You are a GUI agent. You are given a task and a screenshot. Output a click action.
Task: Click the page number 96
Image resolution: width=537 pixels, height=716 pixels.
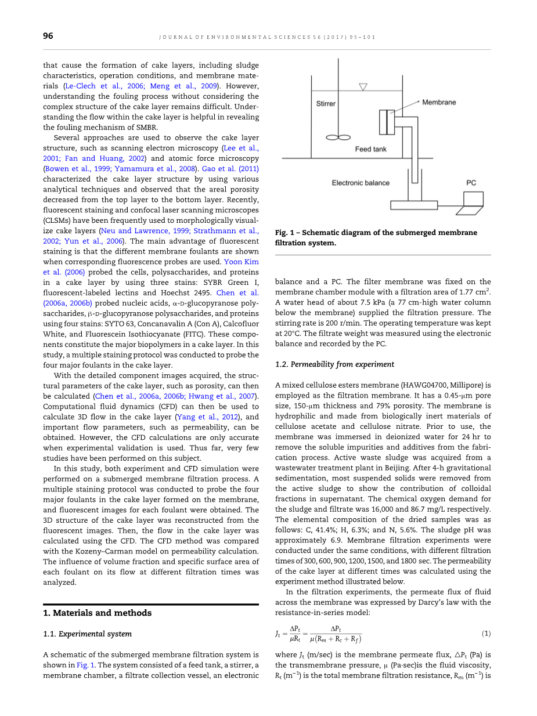pyautogui.click(x=48, y=36)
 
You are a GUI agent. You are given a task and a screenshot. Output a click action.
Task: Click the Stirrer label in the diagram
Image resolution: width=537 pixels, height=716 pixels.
pyautogui.click(x=326, y=104)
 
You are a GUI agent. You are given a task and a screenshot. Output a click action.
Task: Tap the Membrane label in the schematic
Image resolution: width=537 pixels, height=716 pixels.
pyautogui.click(x=439, y=102)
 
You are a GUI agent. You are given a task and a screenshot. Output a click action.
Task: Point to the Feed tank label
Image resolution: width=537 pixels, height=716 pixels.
pyautogui.click(x=370, y=149)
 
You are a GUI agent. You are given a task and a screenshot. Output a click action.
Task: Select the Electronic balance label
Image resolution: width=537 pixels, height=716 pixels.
pyautogui.click(x=361, y=183)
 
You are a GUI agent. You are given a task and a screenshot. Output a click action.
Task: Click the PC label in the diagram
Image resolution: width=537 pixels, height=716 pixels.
pyautogui.click(x=471, y=183)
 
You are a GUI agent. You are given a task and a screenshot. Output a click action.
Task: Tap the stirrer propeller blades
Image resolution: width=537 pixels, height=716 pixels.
pyautogui.click(x=338, y=138)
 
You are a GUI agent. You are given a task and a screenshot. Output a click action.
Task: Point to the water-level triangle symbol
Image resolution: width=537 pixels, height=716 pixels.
pyautogui.click(x=363, y=87)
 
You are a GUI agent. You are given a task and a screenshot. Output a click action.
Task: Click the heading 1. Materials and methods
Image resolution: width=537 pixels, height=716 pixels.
pyautogui.click(x=98, y=613)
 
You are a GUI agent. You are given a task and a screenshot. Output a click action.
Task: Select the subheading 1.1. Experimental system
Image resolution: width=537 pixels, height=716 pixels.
pyautogui.click(x=88, y=634)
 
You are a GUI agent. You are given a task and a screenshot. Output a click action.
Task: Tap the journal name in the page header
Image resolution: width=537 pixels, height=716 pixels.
pyautogui.click(x=267, y=37)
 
